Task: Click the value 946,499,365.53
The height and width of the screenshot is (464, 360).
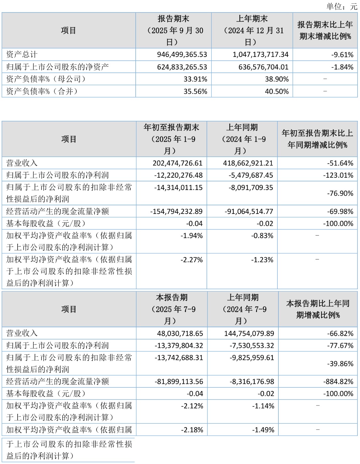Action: pyautogui.click(x=182, y=54)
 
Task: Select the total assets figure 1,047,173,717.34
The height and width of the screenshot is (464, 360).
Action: pyautogui.click(x=260, y=54)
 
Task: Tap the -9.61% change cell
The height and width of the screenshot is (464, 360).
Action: pyautogui.click(x=342, y=54)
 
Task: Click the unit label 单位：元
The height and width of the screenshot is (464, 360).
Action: pyautogui.click(x=342, y=6)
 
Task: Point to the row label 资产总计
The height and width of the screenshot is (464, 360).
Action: pyautogui.click(x=22, y=54)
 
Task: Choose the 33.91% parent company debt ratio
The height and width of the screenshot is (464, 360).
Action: pyautogui.click(x=195, y=79)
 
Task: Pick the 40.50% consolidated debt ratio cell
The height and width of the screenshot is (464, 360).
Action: pyautogui.click(x=277, y=92)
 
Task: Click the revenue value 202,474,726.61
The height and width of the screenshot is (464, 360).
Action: pyautogui.click(x=177, y=163)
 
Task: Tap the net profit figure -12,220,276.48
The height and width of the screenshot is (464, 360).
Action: pyautogui.click(x=178, y=175)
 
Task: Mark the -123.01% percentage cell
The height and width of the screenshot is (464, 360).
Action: pyautogui.click(x=338, y=175)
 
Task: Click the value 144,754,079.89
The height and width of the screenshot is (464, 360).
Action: pyautogui.click(x=249, y=333)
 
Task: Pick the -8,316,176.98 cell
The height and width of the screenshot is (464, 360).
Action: pyautogui.click(x=252, y=382)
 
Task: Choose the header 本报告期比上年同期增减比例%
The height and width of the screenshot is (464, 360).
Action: pyautogui.click(x=318, y=309)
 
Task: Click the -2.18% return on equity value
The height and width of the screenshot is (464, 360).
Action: pyautogui.click(x=192, y=430)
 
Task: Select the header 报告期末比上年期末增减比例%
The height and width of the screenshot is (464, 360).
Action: pyautogui.click(x=325, y=31)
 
